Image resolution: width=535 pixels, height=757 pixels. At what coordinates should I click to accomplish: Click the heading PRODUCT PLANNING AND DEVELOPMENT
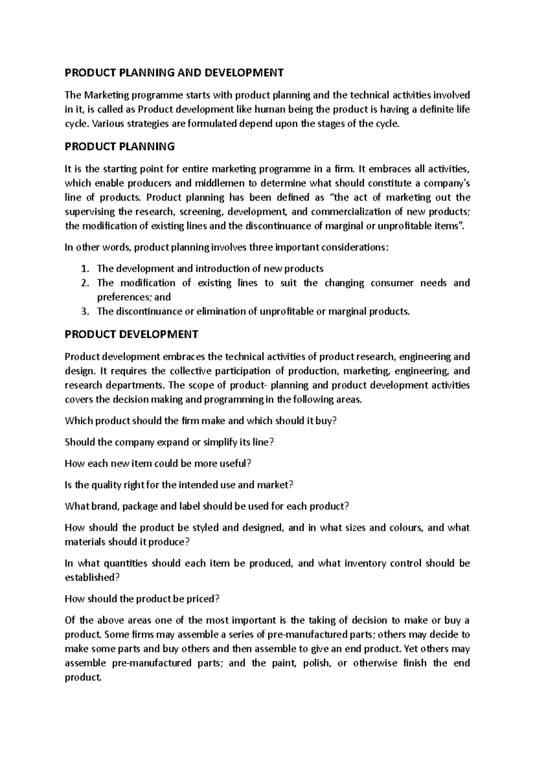coord(174,73)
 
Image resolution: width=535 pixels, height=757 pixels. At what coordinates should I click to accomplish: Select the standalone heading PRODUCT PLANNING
coord(119,146)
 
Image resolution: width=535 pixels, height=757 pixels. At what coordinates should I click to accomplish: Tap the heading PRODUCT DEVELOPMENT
coord(132,334)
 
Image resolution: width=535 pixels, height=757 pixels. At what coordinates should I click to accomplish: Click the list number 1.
coord(85,269)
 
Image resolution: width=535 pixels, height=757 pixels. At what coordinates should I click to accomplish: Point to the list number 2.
coord(85,283)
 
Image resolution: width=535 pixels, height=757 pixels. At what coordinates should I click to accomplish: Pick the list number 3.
coord(85,312)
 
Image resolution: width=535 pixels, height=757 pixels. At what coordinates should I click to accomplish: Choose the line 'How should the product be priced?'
coord(142,599)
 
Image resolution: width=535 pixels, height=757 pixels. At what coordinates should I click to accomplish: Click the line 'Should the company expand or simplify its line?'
coord(169,442)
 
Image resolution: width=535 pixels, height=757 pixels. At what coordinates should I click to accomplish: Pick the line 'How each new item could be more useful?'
coord(158,464)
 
